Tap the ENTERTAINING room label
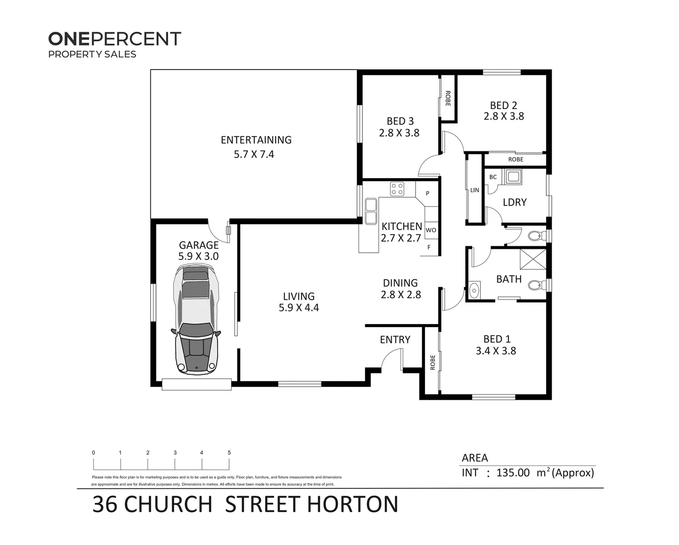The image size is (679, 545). point(256,140)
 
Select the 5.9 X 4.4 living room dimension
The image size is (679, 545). point(298,308)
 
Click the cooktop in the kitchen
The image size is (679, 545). point(397,189)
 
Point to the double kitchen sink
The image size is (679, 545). point(371,211)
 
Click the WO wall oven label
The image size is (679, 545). point(431,230)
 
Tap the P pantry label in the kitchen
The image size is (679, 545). point(428,193)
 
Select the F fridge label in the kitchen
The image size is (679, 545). point(429,247)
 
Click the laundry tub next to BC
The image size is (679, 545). point(514,177)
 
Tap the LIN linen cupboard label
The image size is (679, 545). point(475,190)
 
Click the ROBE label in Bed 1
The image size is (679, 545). point(432,362)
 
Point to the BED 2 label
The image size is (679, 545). point(503,105)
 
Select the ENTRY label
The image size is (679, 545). point(395,340)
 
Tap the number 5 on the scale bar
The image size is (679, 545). point(229,453)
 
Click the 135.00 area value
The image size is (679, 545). point(513,473)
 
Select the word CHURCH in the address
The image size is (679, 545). point(168,505)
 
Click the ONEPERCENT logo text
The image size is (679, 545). point(115,39)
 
